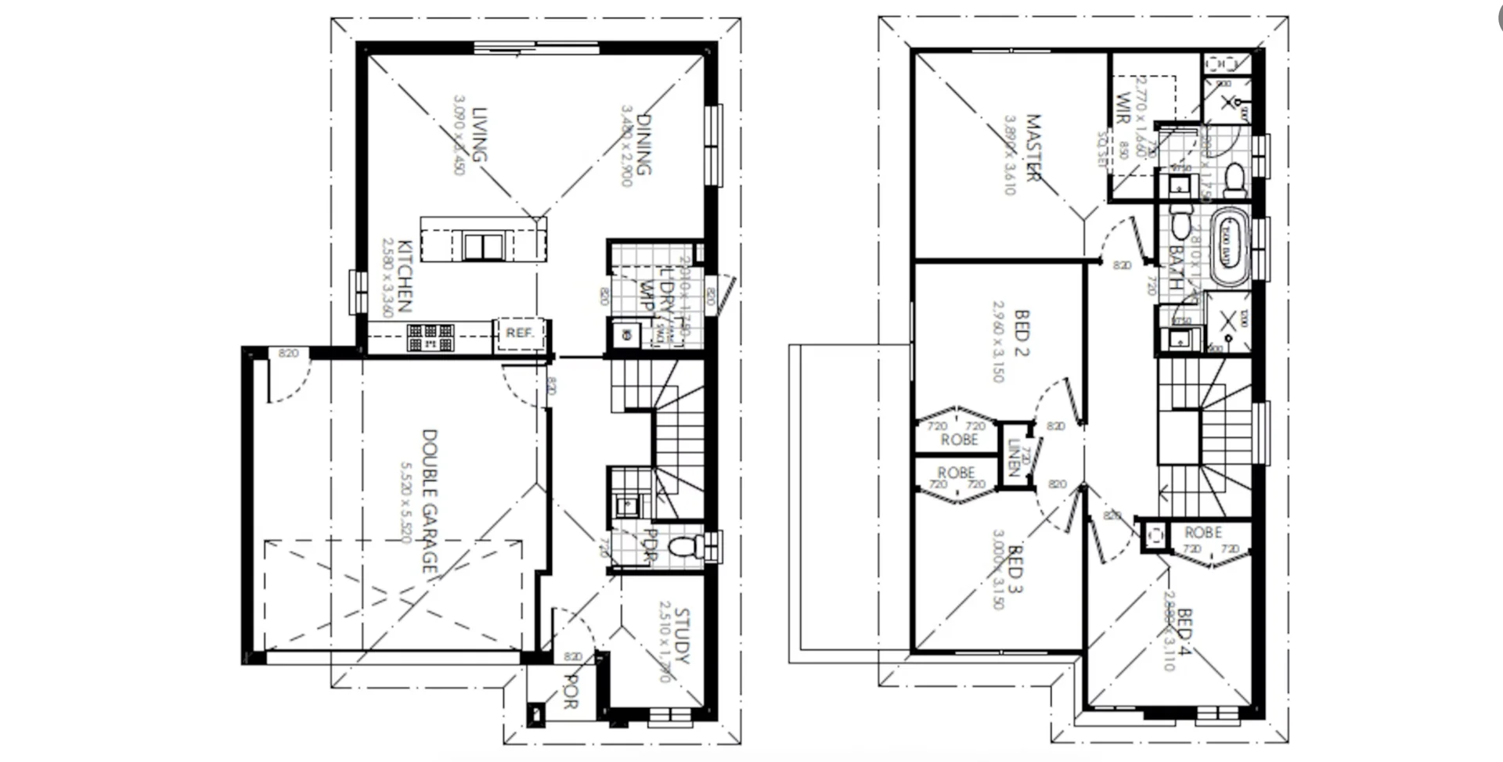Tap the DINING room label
[x=643, y=145]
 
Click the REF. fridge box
[x=519, y=333]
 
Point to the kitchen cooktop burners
[x=430, y=338]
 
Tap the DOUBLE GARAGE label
[x=430, y=501]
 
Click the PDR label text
[x=650, y=545]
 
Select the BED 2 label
[x=1022, y=332]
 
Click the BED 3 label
[x=1015, y=569]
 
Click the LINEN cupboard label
[x=1015, y=458]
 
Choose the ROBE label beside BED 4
[x=1203, y=533]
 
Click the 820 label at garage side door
[x=288, y=354]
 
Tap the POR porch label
[x=571, y=692]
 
